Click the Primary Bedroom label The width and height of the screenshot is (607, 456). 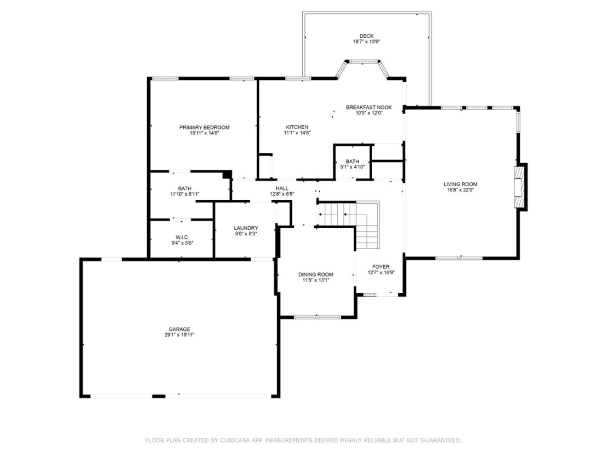tap(204, 127)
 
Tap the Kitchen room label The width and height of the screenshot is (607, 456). tap(297, 127)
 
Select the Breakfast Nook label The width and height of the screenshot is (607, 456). tap(369, 107)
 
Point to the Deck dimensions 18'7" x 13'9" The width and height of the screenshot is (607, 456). tap(367, 42)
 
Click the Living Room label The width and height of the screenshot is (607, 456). tap(460, 184)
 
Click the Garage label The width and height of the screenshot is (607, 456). tap(179, 329)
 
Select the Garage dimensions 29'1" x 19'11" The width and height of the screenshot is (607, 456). tap(179, 335)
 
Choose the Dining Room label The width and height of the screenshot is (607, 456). tap(316, 274)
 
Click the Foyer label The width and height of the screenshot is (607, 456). tap(381, 267)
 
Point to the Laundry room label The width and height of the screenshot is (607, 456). tap(246, 228)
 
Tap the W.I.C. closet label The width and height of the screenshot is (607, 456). tap(182, 237)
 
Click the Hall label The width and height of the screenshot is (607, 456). tap(282, 188)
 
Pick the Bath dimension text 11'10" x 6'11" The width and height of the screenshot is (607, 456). tap(185, 194)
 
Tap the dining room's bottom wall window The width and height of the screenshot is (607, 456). tap(317, 317)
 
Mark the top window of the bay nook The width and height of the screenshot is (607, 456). tap(363, 62)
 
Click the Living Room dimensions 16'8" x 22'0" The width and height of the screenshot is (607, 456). tap(460, 190)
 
